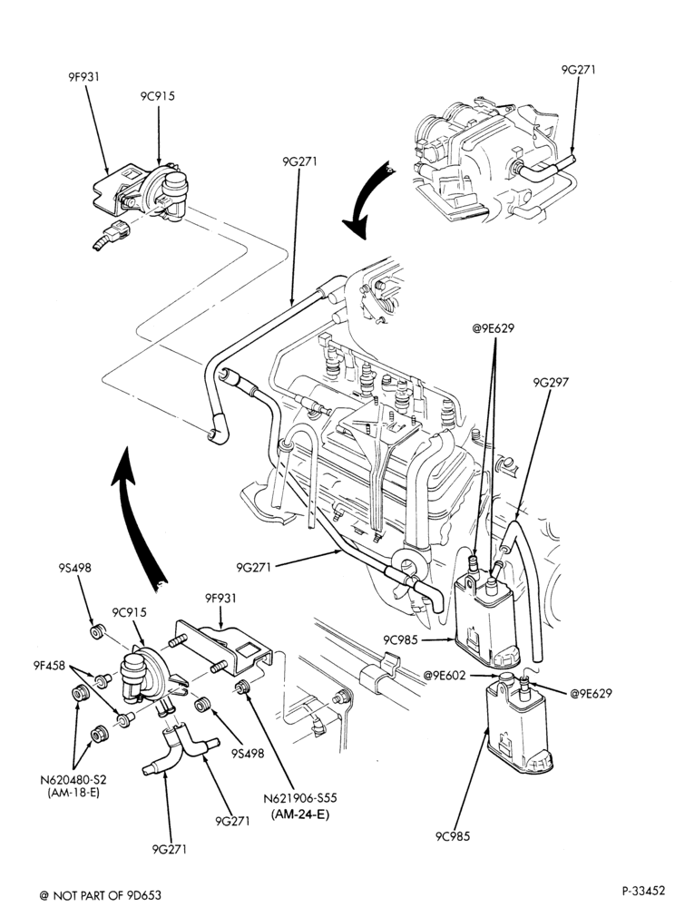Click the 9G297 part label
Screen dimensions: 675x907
pos(551,383)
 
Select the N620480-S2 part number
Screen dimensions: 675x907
pos(73,779)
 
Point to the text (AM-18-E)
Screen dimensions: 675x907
pos(73,793)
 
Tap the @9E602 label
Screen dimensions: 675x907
pos(445,675)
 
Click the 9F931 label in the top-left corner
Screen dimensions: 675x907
pos(81,75)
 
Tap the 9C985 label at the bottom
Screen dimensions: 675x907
pos(453,836)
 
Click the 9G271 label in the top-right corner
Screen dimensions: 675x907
pos(578,70)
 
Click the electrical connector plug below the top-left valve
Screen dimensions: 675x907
pos(112,235)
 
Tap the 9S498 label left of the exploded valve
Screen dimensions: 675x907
pos(74,568)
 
